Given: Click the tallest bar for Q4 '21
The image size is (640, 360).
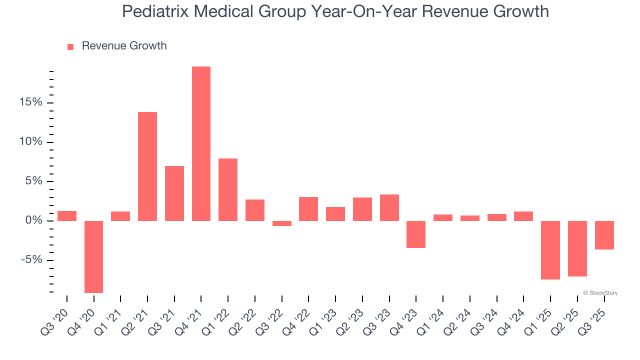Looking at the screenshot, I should pos(201,143).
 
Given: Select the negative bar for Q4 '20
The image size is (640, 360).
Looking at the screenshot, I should pos(93,256).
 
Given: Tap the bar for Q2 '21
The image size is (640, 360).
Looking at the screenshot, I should pos(147,166).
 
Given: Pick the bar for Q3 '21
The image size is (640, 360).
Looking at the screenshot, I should pos(174,193).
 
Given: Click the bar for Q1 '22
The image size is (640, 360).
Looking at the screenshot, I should pos(228,189).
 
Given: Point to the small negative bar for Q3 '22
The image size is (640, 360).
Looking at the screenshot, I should pos(281,223).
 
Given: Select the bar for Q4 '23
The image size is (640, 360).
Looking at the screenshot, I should pos(416,234).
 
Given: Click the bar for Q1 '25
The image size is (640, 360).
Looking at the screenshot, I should pos(550,250).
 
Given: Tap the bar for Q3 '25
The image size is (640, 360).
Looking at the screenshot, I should pos(604,235).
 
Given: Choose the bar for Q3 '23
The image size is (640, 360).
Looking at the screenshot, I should pos(389,207).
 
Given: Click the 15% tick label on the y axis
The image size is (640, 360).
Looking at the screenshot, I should pos(31,102).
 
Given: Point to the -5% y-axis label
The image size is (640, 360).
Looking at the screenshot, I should pos(31,260).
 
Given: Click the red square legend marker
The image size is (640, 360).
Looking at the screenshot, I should pos(70,46).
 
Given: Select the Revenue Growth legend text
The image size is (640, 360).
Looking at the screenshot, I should pos(124,46).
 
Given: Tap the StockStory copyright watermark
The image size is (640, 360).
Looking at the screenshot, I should pos(600,293).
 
